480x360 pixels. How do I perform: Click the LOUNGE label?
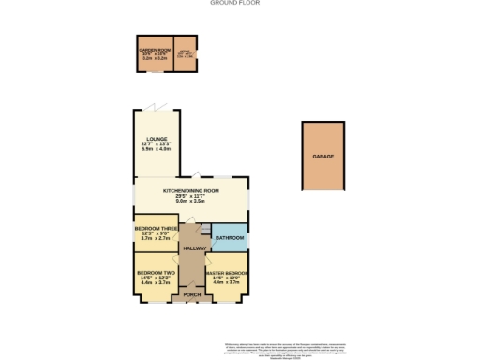(153, 138)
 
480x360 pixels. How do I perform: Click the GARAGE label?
(323, 157)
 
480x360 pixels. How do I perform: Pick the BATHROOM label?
(231, 238)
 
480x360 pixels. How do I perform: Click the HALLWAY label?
(194, 247)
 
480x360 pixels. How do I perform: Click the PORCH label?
(191, 295)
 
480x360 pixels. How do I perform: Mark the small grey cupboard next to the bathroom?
(205, 228)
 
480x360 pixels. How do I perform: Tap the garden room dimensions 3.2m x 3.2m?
(153, 58)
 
